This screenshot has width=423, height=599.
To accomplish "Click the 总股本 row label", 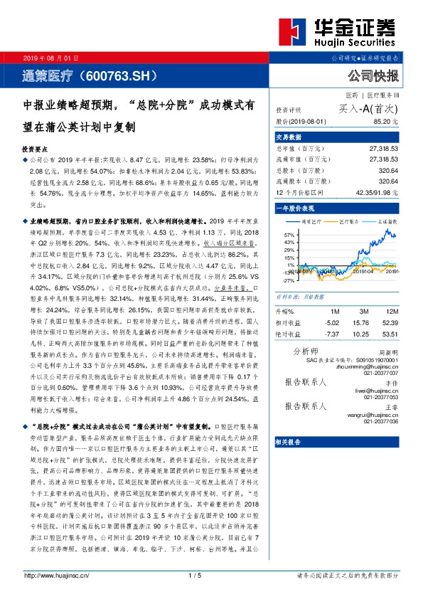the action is coord(294,171).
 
